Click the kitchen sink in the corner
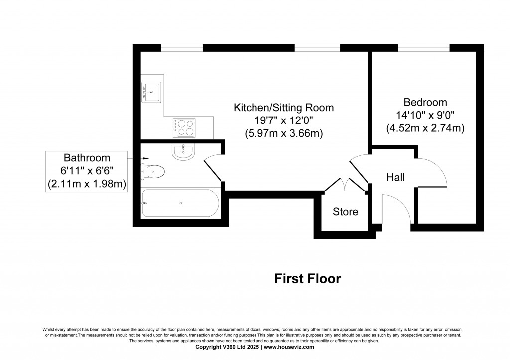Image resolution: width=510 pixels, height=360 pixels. click(152, 92)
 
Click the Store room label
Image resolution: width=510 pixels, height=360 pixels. click(345, 212)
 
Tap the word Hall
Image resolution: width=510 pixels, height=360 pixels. click(396, 177)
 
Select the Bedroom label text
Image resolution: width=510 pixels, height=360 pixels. click(425, 102)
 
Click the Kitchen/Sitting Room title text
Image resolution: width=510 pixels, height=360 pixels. click(284, 108)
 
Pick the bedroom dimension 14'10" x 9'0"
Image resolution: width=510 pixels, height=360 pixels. click(425, 115)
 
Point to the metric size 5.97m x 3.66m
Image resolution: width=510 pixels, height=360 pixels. click(284, 133)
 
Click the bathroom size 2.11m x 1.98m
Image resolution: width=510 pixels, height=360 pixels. click(87, 184)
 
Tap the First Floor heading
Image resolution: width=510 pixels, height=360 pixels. click(308, 279)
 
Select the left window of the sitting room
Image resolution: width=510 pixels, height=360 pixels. click(182, 48)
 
